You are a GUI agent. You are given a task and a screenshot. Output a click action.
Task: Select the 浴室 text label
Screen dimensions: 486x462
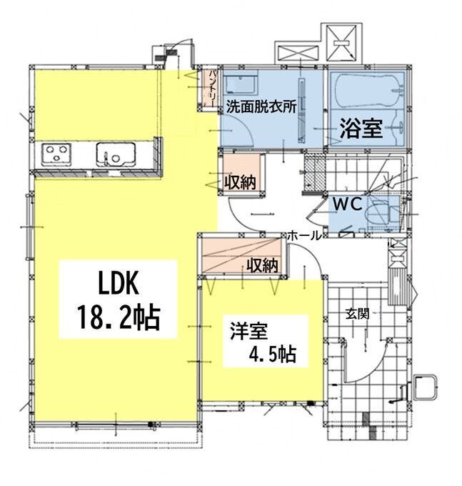click(361, 129)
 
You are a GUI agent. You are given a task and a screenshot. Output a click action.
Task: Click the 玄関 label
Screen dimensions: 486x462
click(357, 312)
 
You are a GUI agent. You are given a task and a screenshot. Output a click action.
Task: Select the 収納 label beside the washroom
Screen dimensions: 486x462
click(239, 182)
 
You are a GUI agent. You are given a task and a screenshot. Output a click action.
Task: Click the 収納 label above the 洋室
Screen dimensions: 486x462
click(262, 265)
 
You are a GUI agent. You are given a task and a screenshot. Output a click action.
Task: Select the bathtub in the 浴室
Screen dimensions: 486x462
click(368, 91)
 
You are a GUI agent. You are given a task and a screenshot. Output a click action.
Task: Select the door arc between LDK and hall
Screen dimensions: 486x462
click(243, 214)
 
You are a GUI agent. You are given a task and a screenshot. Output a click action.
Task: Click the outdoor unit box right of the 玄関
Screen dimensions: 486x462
click(426, 387)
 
